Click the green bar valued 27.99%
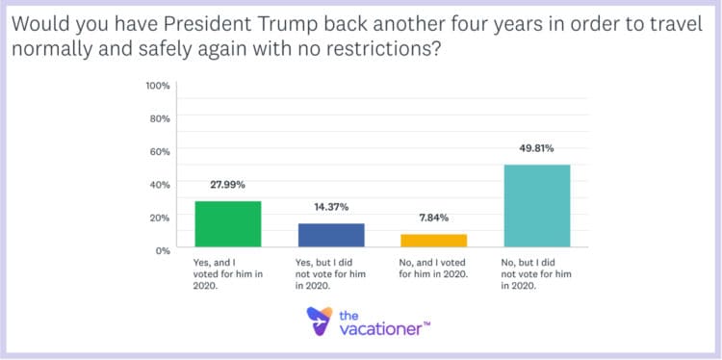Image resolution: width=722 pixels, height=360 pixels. pyautogui.click(x=228, y=225)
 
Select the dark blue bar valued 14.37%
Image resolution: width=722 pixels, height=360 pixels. pyautogui.click(x=331, y=236)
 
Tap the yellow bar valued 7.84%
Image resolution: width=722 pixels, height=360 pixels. pyautogui.click(x=433, y=242)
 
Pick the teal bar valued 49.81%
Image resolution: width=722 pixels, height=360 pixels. pyautogui.click(x=536, y=207)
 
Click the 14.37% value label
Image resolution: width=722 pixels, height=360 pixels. pyautogui.click(x=331, y=207)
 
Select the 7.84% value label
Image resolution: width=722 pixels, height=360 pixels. pyautogui.click(x=433, y=218)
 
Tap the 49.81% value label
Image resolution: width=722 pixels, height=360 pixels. pyautogui.click(x=536, y=148)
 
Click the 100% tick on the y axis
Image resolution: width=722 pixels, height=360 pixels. pyautogui.click(x=158, y=86)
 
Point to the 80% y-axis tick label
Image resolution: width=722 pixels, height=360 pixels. pyautogui.click(x=160, y=118)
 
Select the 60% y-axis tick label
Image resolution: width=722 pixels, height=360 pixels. pyautogui.click(x=160, y=151)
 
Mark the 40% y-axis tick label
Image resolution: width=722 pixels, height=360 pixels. pyautogui.click(x=160, y=184)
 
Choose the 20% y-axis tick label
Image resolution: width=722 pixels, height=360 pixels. pyautogui.click(x=160, y=217)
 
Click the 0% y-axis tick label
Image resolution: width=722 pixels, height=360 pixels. pyautogui.click(x=163, y=249)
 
